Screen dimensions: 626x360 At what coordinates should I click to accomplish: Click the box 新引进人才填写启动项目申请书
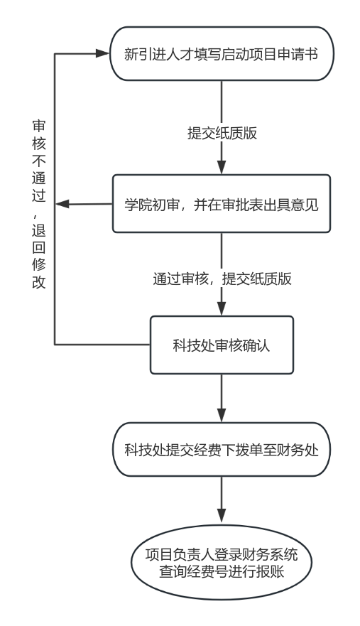pos(221,54)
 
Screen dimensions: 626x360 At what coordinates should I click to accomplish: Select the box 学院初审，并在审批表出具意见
pos(221,205)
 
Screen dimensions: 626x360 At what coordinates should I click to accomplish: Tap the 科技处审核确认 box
pos(221,346)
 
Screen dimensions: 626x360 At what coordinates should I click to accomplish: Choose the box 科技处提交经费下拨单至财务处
pos(221,450)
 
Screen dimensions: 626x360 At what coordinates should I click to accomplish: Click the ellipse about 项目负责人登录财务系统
pos(221,563)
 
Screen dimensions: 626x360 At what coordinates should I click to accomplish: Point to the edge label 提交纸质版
pos(222,133)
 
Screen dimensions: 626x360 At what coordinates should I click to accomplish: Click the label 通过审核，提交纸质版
pos(222,279)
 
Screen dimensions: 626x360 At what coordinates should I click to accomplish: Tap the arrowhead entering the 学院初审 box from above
pos(222,168)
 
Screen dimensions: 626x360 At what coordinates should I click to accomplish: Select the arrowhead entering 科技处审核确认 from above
pos(222,309)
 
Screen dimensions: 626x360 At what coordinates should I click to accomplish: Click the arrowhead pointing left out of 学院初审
pos(62,205)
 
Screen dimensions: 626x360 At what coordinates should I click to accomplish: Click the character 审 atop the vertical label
pos(38,126)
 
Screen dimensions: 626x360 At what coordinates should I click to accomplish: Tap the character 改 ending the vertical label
pos(38,282)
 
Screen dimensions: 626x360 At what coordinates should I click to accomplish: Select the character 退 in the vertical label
pos(38,231)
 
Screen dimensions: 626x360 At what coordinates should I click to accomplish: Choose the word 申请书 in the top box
pos(299,54)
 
